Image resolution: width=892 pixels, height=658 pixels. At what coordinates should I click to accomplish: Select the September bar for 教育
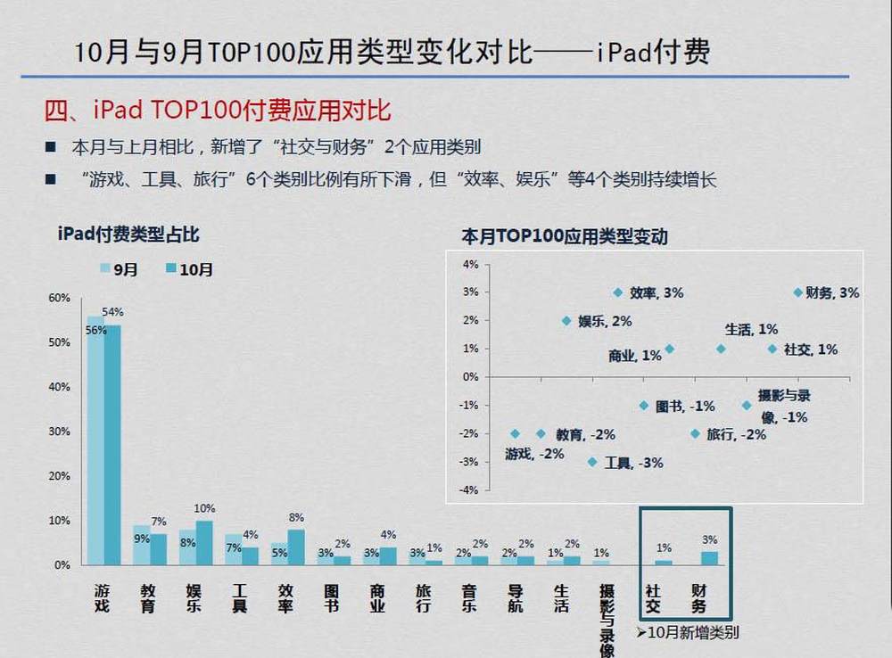click(x=141, y=545)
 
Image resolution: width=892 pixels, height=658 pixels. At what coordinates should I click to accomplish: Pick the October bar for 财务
click(x=708, y=558)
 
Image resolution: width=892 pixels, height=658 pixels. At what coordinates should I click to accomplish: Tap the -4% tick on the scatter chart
click(x=469, y=490)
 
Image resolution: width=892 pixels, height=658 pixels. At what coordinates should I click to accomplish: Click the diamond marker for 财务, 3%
click(x=797, y=292)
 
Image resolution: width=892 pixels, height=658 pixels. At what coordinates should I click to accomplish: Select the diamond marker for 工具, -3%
click(x=592, y=462)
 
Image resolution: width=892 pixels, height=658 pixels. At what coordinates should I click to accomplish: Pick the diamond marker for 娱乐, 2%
click(x=566, y=320)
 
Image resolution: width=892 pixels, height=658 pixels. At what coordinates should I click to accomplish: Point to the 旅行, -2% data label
click(x=736, y=434)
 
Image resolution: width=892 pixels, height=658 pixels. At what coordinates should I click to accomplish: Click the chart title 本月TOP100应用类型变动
click(x=564, y=237)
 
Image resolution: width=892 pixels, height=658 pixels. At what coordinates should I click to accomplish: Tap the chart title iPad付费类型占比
click(x=128, y=235)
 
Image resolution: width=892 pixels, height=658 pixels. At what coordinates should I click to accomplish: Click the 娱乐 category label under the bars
click(x=194, y=597)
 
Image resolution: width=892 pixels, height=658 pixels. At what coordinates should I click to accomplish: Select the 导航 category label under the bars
click(x=515, y=597)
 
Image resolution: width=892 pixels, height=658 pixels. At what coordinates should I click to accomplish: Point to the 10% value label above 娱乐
click(x=204, y=508)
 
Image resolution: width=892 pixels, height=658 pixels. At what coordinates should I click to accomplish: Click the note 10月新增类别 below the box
click(x=687, y=633)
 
